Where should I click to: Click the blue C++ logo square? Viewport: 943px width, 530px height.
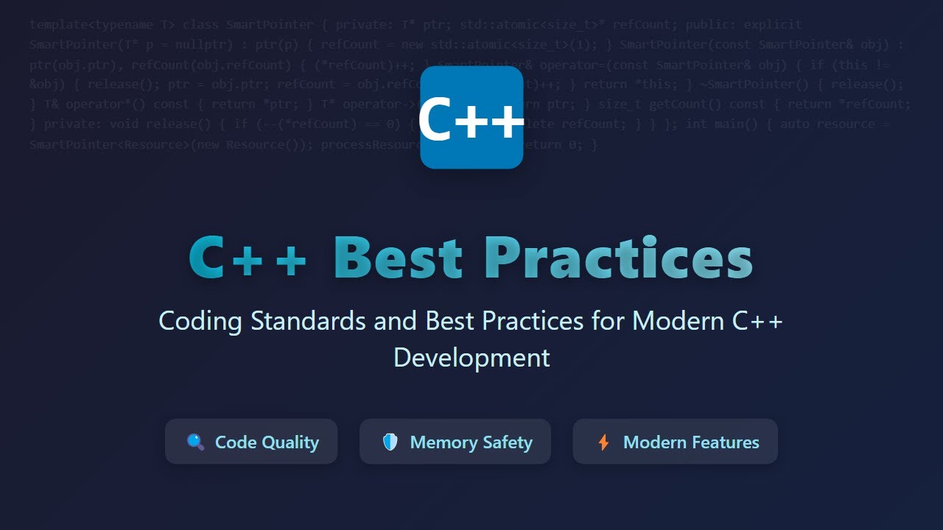coord(471,117)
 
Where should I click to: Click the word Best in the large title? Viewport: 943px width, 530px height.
coord(399,258)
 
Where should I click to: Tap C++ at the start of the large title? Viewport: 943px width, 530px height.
coord(248,258)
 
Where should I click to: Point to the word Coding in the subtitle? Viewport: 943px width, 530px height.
coord(200,321)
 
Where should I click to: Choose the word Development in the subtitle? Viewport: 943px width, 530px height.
coord(471,358)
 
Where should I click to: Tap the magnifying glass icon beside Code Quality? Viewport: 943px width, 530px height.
coord(195,442)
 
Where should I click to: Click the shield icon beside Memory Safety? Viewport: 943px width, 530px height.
coord(390,442)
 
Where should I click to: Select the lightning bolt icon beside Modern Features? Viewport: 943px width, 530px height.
coord(603,442)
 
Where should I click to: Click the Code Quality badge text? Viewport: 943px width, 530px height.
coord(267,442)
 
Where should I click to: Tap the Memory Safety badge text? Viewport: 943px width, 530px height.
coord(471,442)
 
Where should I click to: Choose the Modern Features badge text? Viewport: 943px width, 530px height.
coord(691,442)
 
